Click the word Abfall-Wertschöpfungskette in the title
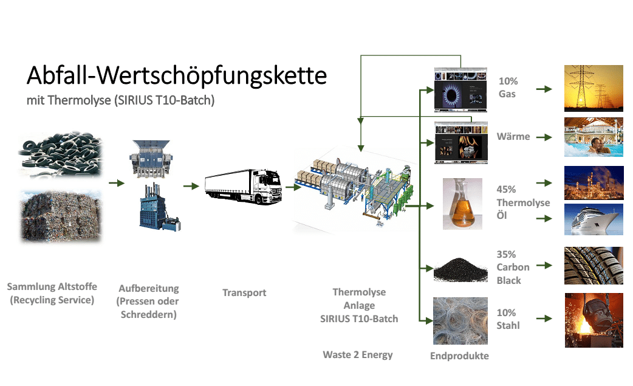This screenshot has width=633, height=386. [x=177, y=76]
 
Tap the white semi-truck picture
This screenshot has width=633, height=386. [x=243, y=187]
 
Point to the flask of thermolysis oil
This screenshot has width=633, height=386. [x=462, y=204]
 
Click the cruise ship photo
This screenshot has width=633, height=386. [x=594, y=219]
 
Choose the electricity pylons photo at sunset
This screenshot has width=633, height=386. [x=594, y=88]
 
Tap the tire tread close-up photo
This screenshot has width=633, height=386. [x=594, y=266]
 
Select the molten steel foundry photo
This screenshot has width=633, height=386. [x=594, y=320]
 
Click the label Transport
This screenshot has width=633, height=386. [x=244, y=292]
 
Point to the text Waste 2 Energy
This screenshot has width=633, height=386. [x=358, y=354]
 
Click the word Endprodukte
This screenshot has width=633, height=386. [x=459, y=356]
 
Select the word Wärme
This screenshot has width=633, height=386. [x=513, y=136]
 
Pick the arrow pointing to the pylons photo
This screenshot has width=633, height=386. [x=544, y=89]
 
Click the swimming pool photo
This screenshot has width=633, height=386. [x=594, y=137]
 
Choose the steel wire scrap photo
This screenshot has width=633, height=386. [x=460, y=320]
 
